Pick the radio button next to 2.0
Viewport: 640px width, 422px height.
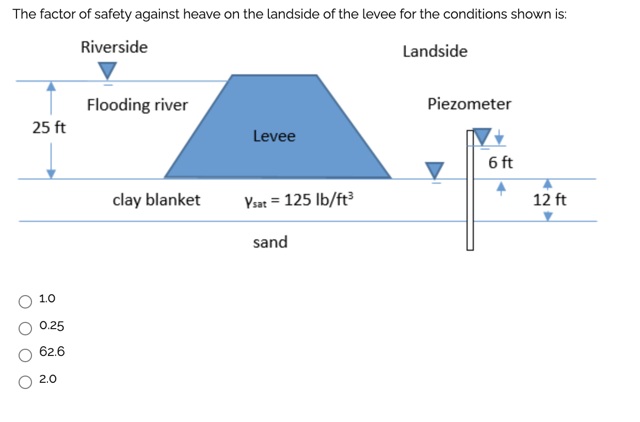pos(25,381)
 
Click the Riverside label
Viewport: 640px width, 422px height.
pos(114,47)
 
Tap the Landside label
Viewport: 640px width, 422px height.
pos(435,51)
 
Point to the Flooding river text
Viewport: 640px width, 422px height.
pos(137,105)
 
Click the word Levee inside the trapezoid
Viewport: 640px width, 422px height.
pos(274,136)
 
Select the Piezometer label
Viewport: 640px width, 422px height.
pos(469,104)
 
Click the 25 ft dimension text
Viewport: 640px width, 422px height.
pos(49,127)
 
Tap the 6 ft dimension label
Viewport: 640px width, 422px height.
pos(500,163)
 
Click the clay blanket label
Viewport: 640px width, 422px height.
pos(156,200)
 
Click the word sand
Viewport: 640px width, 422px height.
pos(270,242)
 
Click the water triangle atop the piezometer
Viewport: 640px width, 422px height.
pos(482,137)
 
